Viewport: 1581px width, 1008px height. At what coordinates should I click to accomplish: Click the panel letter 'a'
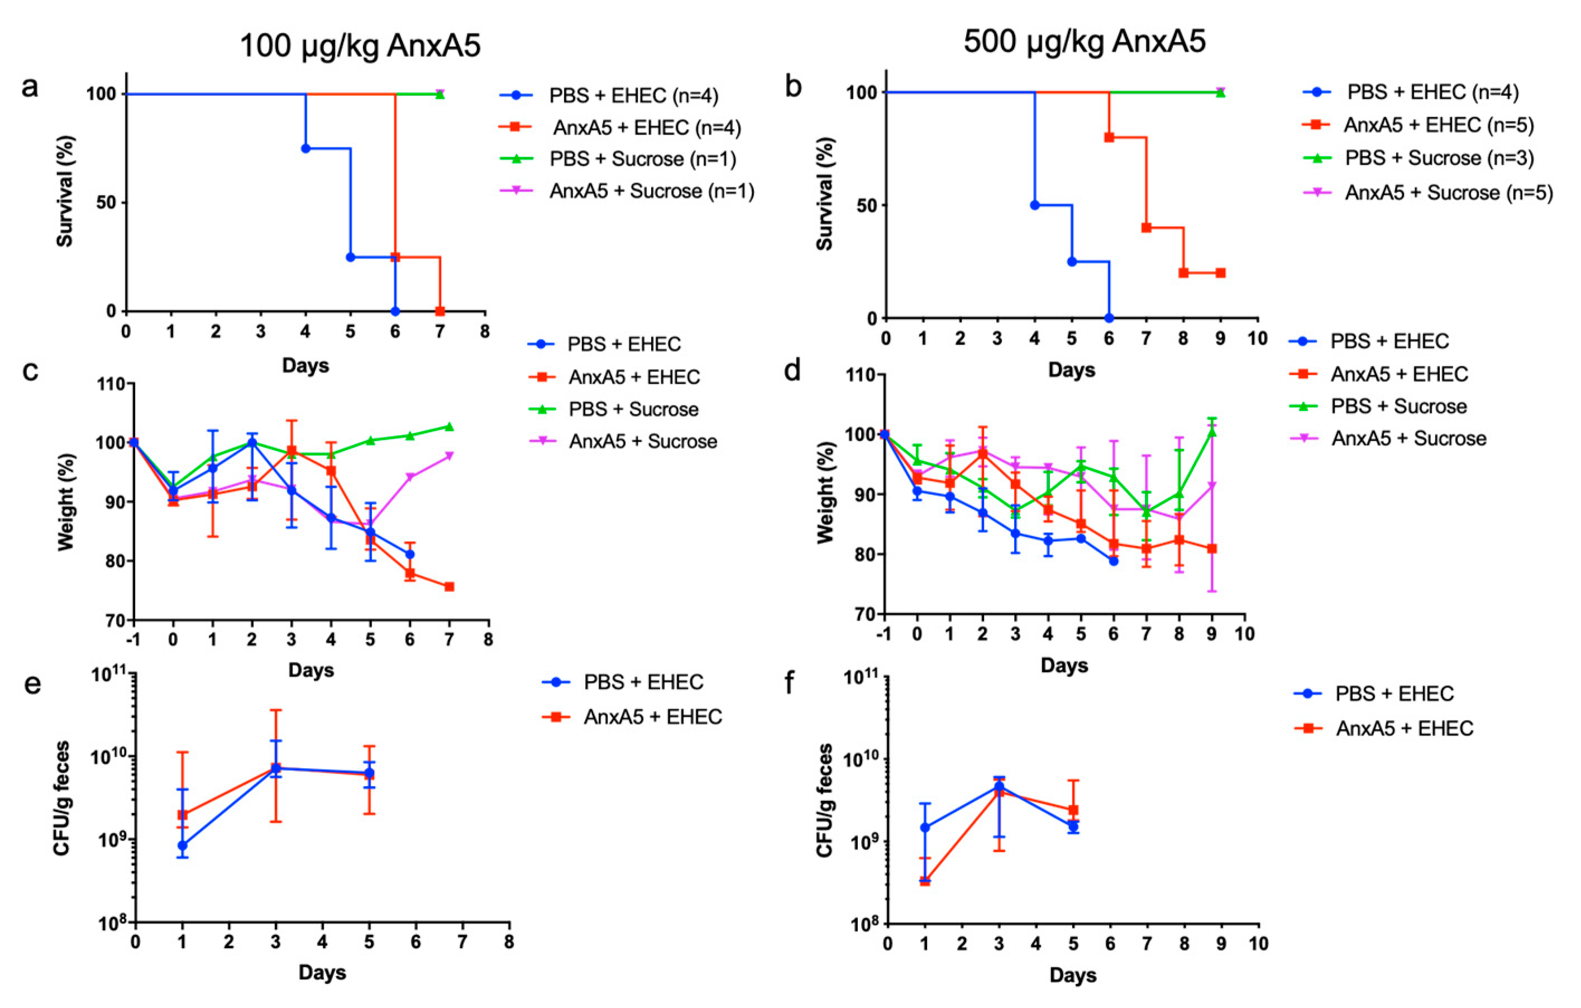[30, 87]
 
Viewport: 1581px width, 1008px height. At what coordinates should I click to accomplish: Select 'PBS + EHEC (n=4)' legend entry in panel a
[609, 96]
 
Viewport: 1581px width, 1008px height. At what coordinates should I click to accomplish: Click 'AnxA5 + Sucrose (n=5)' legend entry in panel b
[1428, 193]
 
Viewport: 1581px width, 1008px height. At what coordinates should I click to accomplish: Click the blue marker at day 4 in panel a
[305, 149]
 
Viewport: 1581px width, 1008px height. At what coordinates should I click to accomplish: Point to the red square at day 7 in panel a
[440, 311]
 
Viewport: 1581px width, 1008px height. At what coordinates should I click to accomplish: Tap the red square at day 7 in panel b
[1147, 228]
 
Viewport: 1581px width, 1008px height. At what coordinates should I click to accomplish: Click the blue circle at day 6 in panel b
[1109, 318]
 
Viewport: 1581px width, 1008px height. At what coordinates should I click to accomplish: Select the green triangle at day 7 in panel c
[449, 426]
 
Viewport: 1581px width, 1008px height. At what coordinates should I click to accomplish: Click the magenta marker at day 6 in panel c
[410, 477]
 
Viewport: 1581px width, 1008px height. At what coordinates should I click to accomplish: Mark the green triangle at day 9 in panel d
[1212, 432]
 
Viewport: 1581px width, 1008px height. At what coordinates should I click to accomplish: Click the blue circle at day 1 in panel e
[182, 845]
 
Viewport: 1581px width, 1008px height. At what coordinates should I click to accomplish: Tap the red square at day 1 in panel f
[924, 881]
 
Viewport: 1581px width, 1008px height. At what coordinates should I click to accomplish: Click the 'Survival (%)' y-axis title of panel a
[65, 191]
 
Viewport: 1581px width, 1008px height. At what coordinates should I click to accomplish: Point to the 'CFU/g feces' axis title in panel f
[825, 800]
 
